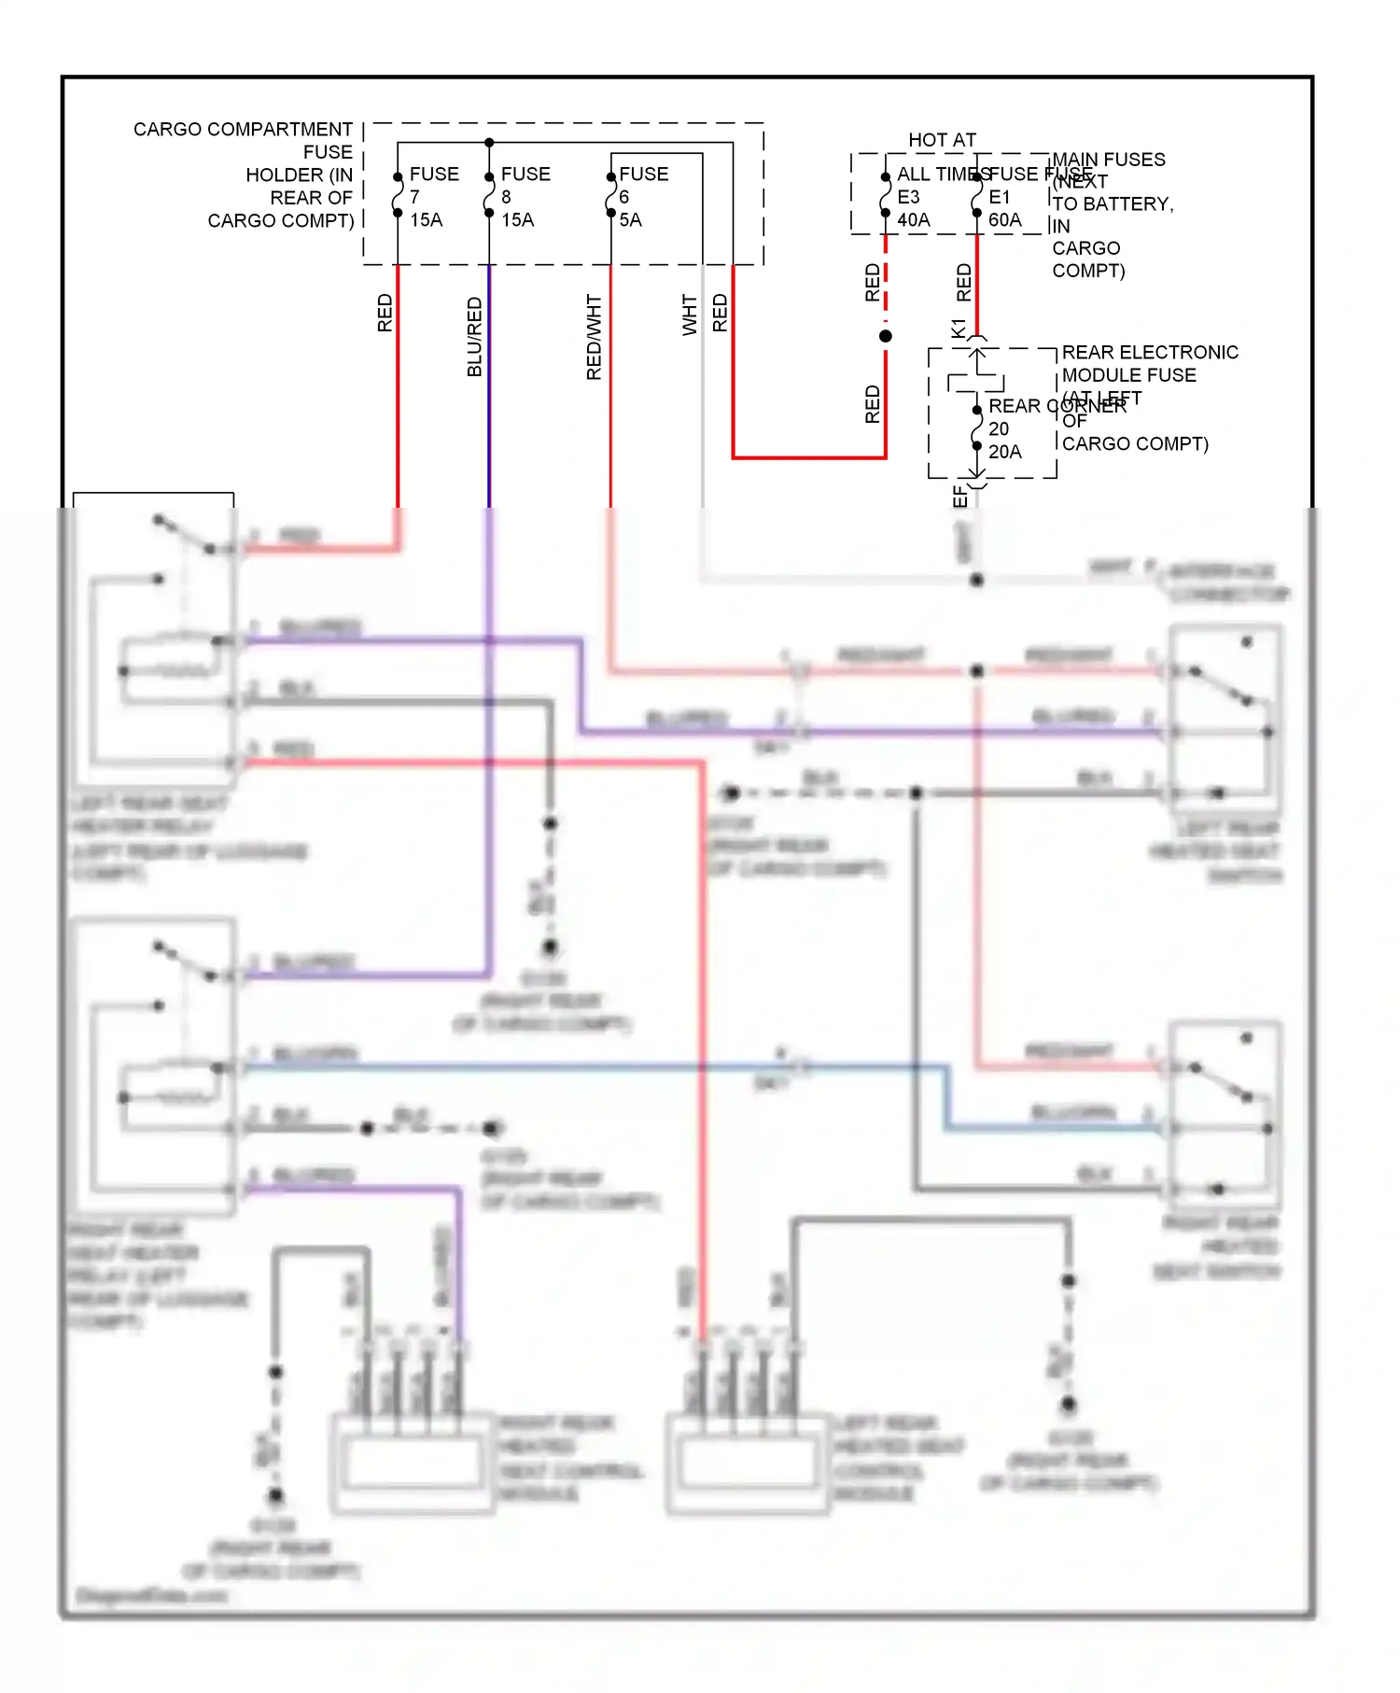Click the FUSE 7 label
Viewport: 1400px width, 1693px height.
coord(433,185)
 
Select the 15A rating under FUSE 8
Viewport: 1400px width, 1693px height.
coord(517,220)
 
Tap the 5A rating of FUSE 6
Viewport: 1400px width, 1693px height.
coord(630,220)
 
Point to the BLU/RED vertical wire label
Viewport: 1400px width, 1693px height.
coord(474,337)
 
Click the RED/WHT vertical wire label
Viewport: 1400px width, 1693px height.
coord(594,337)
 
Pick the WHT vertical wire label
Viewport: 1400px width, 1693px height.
coord(689,315)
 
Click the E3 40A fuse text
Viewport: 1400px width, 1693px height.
coord(913,209)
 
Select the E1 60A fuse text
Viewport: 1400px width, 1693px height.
coord(1004,209)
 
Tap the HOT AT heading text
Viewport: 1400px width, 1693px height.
coord(942,140)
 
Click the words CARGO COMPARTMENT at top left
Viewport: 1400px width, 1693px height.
coord(243,129)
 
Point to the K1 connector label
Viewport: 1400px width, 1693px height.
coord(959,329)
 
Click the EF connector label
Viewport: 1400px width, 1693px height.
coord(959,497)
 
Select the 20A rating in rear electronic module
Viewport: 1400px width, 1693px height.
coord(1004,452)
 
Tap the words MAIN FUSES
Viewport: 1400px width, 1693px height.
coord(1109,160)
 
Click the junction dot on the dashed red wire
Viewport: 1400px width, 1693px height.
coord(886,336)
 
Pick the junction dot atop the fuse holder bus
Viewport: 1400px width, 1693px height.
coord(489,143)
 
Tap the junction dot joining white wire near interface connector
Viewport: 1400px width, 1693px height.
coord(976,581)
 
